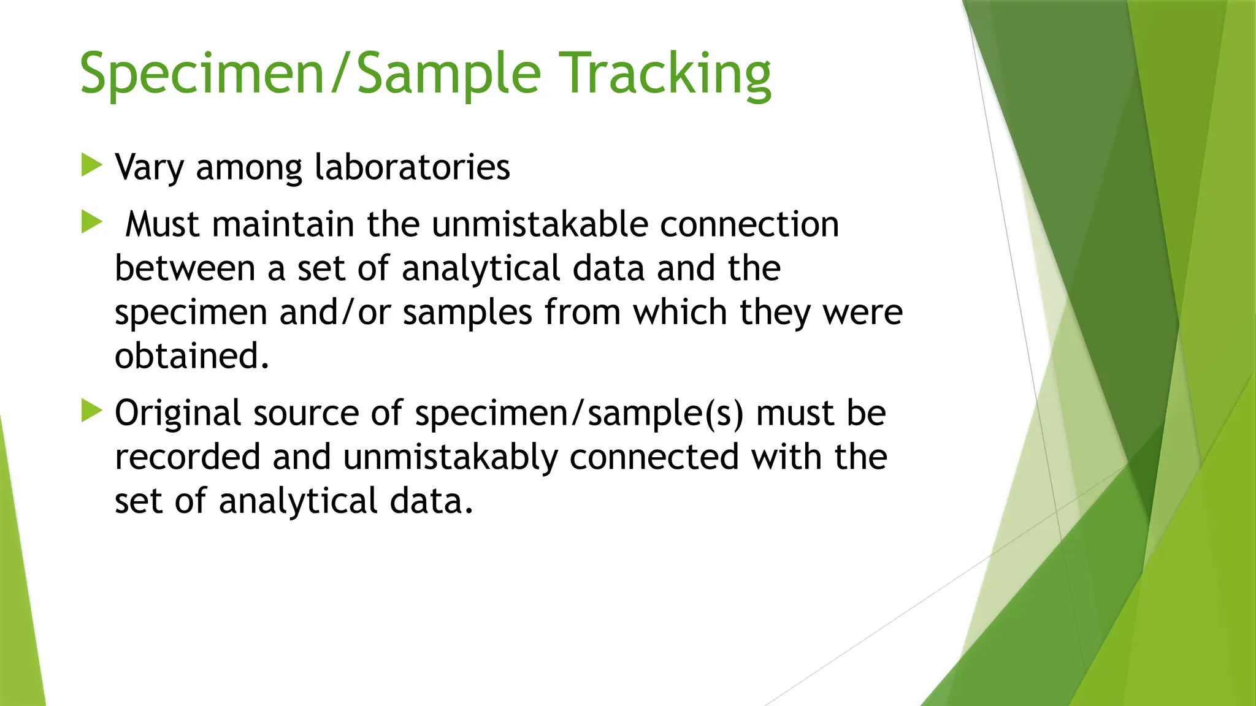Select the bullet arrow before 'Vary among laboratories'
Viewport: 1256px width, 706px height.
point(91,165)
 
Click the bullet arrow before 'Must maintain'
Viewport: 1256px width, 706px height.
point(91,222)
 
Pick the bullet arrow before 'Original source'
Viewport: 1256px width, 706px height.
point(91,411)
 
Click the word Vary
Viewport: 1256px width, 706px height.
point(149,167)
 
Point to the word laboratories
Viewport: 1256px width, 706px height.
point(412,167)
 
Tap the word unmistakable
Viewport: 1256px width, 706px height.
point(540,224)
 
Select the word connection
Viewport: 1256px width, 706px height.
point(749,224)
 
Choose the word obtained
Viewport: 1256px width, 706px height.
point(191,356)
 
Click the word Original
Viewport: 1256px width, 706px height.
point(178,414)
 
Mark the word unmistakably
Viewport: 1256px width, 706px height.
point(450,457)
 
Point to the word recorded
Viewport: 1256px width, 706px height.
point(188,457)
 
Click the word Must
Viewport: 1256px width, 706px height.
point(163,224)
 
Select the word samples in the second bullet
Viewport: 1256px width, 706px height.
point(467,313)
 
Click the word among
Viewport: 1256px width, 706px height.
point(249,167)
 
